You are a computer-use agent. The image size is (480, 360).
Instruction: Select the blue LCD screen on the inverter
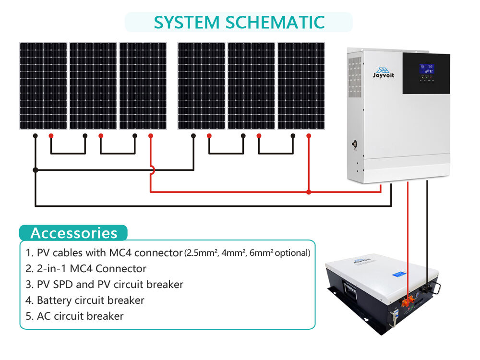[426, 68]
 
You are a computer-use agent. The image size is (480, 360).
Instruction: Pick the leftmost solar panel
[43, 86]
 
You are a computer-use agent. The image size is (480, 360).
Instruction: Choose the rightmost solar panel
[301, 86]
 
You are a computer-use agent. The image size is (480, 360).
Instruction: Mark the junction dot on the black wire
[35, 170]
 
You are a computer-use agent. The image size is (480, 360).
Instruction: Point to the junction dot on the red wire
[309, 192]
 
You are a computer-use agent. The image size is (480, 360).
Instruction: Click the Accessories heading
[73, 233]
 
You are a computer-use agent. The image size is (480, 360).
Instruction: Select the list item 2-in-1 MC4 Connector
[86, 268]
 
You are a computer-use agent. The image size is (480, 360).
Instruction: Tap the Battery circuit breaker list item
[85, 300]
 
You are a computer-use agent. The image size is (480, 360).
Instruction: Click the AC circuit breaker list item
[75, 316]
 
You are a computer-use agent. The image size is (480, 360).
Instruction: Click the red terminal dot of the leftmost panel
[51, 136]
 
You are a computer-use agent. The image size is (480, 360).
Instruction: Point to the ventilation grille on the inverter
[354, 77]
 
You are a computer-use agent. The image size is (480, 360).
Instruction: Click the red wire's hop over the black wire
[151, 170]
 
